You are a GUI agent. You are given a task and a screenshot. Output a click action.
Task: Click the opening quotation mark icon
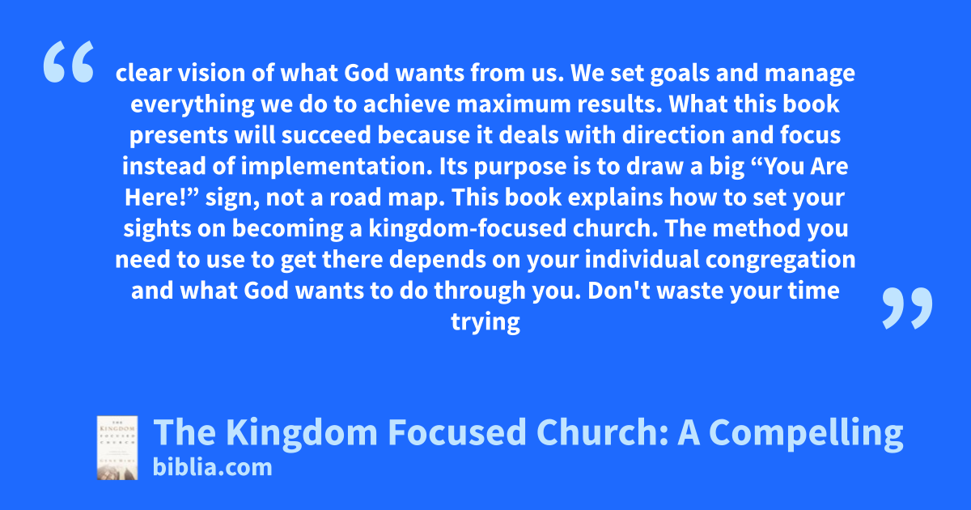coord(69,62)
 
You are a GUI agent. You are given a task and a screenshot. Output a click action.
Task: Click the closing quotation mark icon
coord(907,308)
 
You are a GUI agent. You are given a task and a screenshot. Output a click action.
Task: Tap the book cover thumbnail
coord(117,448)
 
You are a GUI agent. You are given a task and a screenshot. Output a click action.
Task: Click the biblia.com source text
coord(212,467)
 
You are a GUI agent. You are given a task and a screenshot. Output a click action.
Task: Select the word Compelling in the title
coord(806,433)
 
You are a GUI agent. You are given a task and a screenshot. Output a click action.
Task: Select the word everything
coord(192,105)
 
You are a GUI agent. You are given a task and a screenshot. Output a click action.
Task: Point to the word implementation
coord(337,167)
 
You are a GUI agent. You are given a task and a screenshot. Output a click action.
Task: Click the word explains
coord(615,198)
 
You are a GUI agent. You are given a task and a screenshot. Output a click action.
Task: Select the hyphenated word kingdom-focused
coord(468,228)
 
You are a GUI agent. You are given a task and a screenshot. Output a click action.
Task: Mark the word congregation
coord(780,260)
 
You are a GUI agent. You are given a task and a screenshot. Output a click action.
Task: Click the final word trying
coord(485,323)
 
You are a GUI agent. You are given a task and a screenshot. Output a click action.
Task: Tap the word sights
coord(157,229)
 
